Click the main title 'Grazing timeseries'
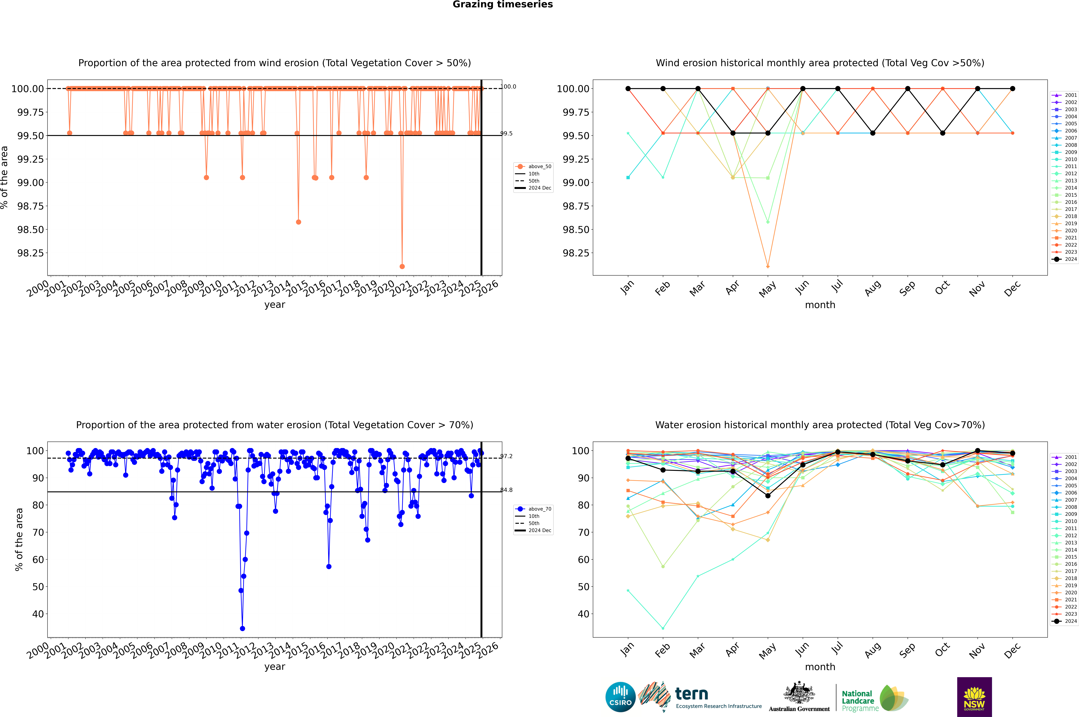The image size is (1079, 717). click(x=503, y=5)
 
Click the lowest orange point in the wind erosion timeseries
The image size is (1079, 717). click(x=402, y=266)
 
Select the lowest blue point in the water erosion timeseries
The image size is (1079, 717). click(x=242, y=628)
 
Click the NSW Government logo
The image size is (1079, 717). click(x=974, y=697)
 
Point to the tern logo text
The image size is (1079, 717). click(x=692, y=694)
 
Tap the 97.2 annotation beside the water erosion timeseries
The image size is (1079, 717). click(x=506, y=456)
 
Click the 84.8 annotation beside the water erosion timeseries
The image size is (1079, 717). click(x=506, y=490)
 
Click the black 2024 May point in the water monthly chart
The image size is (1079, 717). click(x=768, y=496)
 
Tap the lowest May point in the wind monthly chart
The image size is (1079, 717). click(x=768, y=266)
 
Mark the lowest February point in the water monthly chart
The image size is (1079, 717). click(x=663, y=628)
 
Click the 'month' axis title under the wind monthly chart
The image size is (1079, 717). click(x=820, y=305)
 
